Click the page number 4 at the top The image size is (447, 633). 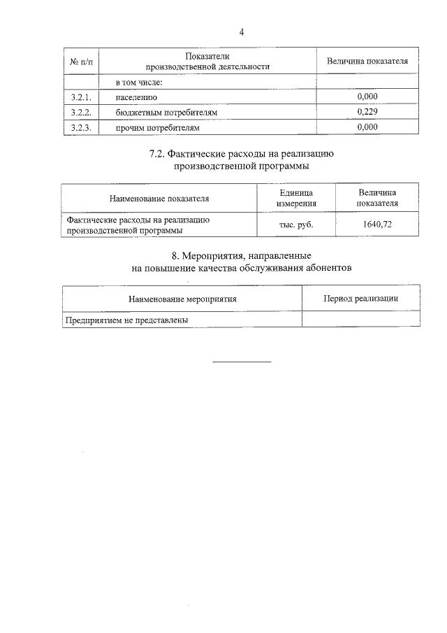tap(242, 32)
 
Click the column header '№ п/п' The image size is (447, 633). tap(81, 62)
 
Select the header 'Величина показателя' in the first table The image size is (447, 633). tap(367, 62)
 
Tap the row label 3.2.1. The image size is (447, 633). tap(81, 97)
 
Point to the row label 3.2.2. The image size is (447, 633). tap(81, 112)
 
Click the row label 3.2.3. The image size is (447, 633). tap(81, 127)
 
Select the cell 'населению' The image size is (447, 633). tap(136, 97)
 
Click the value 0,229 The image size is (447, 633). tap(367, 112)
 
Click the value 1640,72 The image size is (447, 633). tap(377, 225)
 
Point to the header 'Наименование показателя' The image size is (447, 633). tap(159, 199)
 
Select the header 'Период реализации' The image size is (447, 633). tap(360, 298)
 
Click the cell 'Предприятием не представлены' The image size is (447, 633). tap(127, 319)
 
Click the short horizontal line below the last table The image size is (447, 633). tap(242, 362)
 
